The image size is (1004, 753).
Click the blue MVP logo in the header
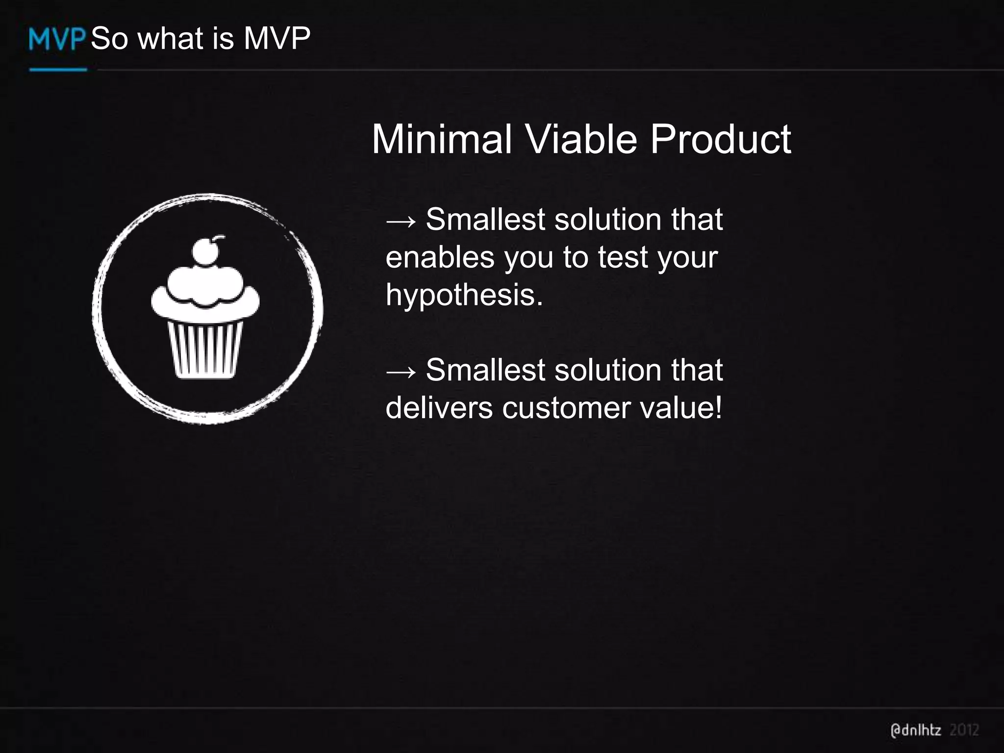click(57, 39)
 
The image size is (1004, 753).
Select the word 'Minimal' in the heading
click(442, 139)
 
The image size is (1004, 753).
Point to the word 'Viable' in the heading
click(581, 139)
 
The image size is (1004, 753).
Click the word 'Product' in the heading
click(720, 139)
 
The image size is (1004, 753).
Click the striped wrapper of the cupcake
click(205, 349)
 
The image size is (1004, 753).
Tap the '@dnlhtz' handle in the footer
click(915, 730)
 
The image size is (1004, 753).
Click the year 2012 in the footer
click(964, 730)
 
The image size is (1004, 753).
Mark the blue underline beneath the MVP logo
click(58, 70)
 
